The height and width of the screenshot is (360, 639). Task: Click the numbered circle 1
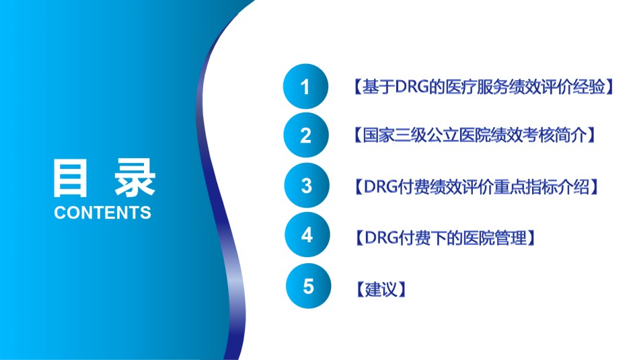[x=305, y=86]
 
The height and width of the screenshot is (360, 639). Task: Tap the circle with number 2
[x=306, y=135]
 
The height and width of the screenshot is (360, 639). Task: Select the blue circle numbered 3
[x=307, y=186]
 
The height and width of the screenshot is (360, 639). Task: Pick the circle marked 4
[x=307, y=235]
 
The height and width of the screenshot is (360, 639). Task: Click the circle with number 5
[x=309, y=286]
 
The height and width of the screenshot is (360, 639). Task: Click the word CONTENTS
[x=102, y=213]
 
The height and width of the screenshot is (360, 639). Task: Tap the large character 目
[x=70, y=178]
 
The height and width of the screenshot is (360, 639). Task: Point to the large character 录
[x=135, y=178]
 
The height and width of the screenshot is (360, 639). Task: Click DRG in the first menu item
[x=411, y=86]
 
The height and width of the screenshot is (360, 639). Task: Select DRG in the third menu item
[x=380, y=186]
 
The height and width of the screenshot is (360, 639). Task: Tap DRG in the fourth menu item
[x=381, y=238]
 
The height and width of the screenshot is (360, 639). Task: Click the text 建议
[x=381, y=289]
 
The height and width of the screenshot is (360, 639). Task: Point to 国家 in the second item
[x=379, y=135]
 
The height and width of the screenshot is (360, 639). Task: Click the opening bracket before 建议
[x=360, y=289]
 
